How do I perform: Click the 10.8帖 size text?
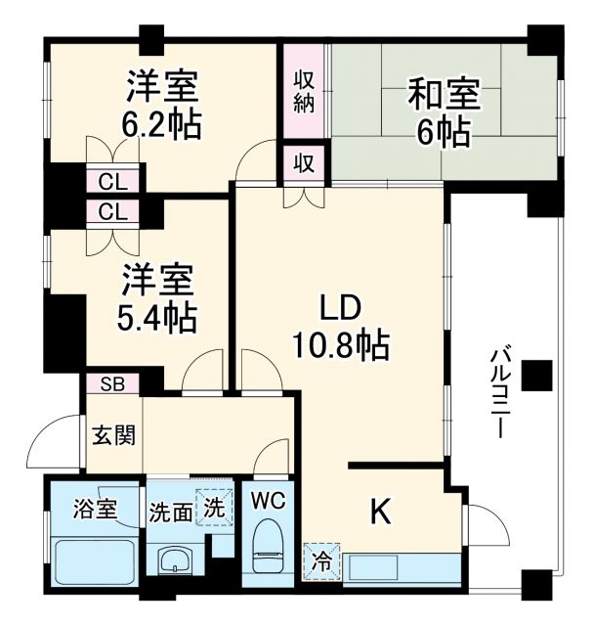pyautogui.click(x=339, y=343)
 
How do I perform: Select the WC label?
pyautogui.click(x=267, y=502)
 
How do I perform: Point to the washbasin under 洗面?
pyautogui.click(x=176, y=560)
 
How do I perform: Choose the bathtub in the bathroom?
pyautogui.click(x=94, y=560)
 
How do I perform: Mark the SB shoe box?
pyautogui.click(x=112, y=382)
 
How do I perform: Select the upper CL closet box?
pyautogui.click(x=112, y=181)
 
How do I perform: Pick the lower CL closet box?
pyautogui.click(x=112, y=211)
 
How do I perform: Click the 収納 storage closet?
pyautogui.click(x=303, y=91)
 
